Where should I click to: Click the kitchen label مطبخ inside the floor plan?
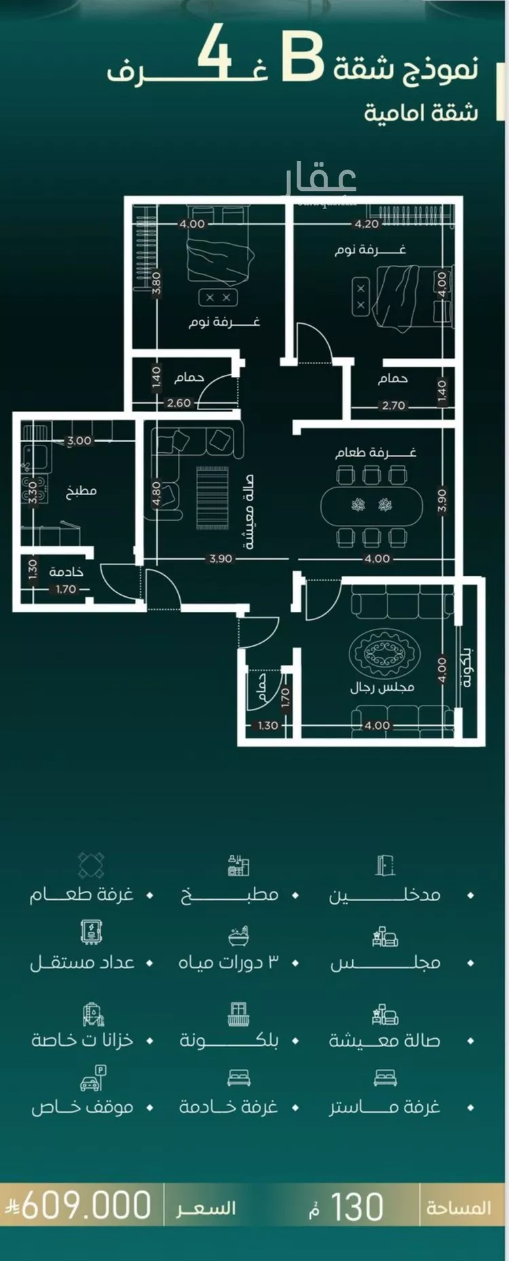pyautogui.click(x=81, y=490)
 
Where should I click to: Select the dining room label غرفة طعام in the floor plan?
pyautogui.click(x=375, y=452)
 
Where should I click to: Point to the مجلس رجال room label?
pyautogui.click(x=382, y=687)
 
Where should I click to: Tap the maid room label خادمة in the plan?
pyautogui.click(x=67, y=572)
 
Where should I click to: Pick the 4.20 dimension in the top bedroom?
pyautogui.click(x=366, y=223)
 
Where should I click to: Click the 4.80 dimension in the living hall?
pyautogui.click(x=156, y=494)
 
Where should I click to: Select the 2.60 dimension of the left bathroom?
pyautogui.click(x=178, y=403)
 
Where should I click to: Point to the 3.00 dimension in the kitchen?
pyautogui.click(x=79, y=440)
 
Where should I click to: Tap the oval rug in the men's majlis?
pyautogui.click(x=381, y=653)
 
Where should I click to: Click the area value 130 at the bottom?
pyautogui.click(x=357, y=1207)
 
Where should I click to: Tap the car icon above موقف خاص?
pyautogui.click(x=93, y=1078)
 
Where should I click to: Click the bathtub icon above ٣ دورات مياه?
pyautogui.click(x=238, y=935)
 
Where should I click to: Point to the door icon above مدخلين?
pyautogui.click(x=385, y=865)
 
